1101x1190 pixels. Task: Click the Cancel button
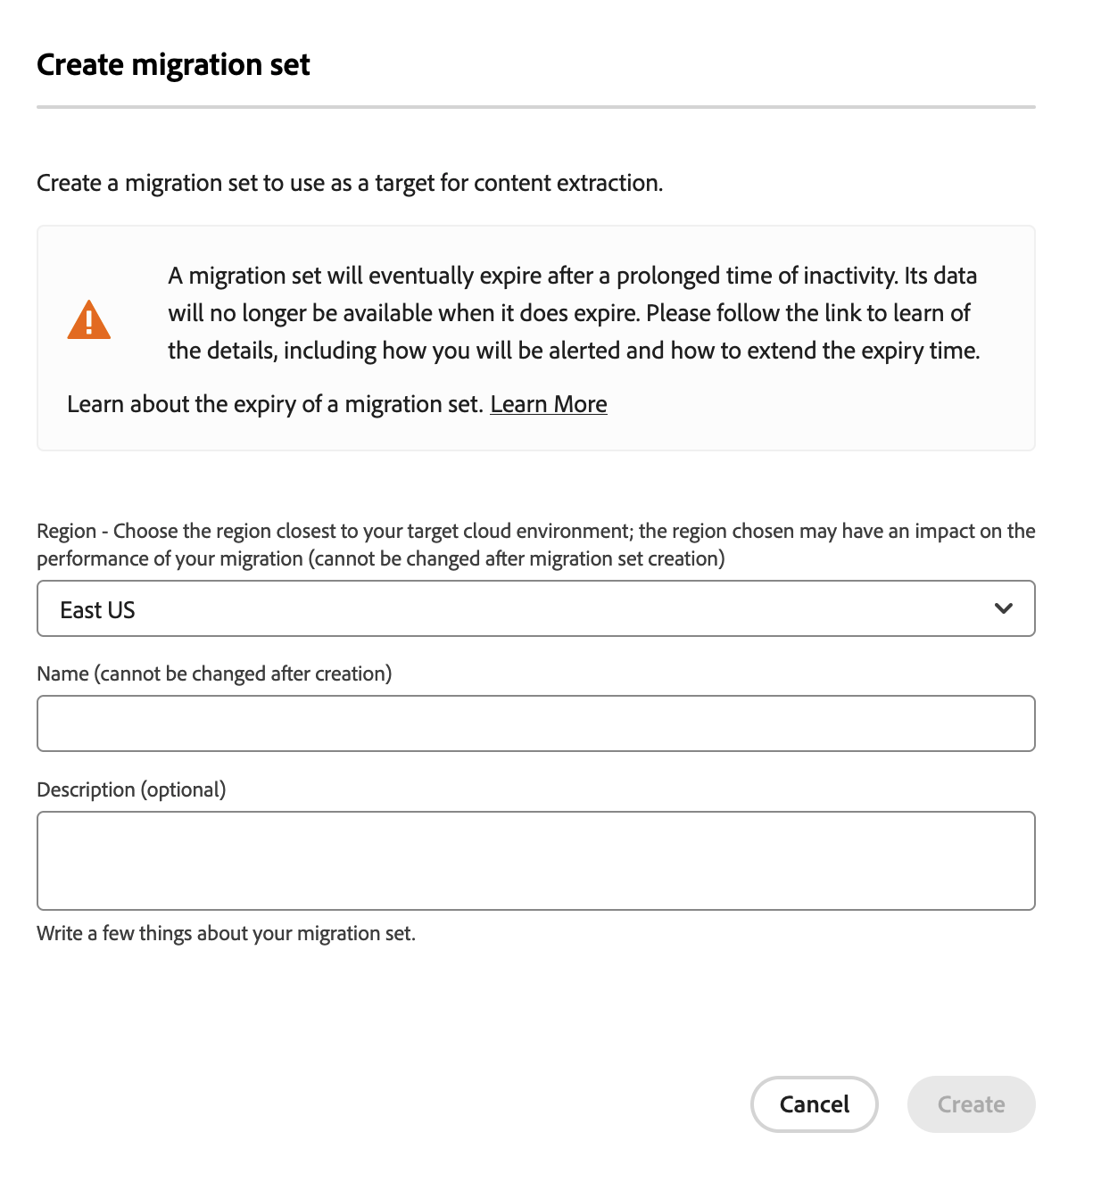click(x=814, y=1104)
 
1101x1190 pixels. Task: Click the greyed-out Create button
click(x=971, y=1104)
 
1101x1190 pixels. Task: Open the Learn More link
click(x=548, y=404)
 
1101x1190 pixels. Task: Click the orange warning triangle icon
click(x=88, y=320)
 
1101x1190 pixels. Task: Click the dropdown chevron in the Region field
click(x=1003, y=608)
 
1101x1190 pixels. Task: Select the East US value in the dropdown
click(x=97, y=610)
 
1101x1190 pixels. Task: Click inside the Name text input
click(x=535, y=723)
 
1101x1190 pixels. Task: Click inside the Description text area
click(x=535, y=861)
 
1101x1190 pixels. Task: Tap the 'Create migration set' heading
click(x=173, y=65)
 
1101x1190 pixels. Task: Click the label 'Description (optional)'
click(x=131, y=789)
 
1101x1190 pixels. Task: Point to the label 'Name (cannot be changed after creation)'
click(x=214, y=674)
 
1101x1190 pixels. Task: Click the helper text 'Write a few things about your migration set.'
click(x=226, y=933)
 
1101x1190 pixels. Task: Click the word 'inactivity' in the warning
click(x=849, y=276)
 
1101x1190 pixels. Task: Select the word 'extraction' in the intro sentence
click(x=608, y=183)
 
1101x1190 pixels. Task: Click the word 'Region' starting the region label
click(x=66, y=532)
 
